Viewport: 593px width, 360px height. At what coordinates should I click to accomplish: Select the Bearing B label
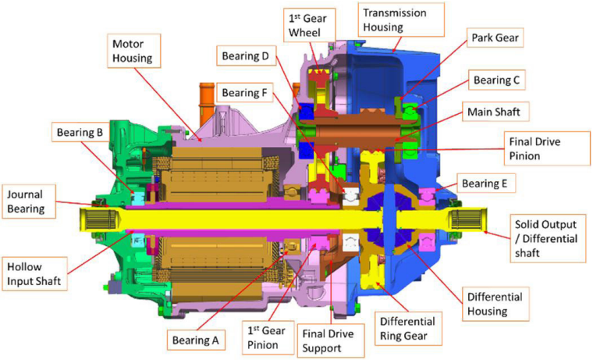78,132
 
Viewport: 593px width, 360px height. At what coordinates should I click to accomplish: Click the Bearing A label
195,340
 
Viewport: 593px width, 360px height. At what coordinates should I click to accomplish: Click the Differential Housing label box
495,302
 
